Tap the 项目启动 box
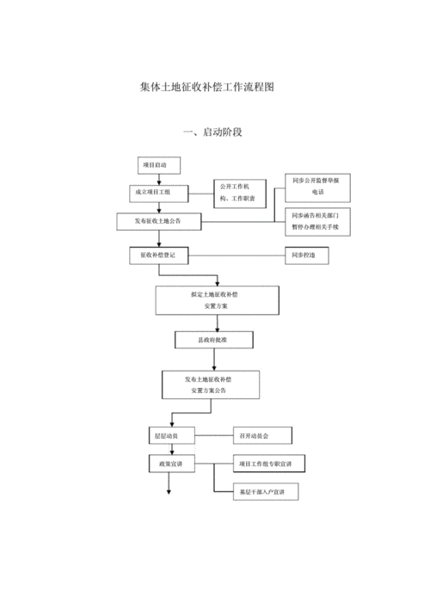tap(155, 165)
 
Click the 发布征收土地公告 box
tap(161, 221)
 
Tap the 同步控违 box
tap(304, 255)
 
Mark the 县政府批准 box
tap(213, 341)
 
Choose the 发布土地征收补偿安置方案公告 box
tap(210, 385)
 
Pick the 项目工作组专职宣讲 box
tap(267, 464)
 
